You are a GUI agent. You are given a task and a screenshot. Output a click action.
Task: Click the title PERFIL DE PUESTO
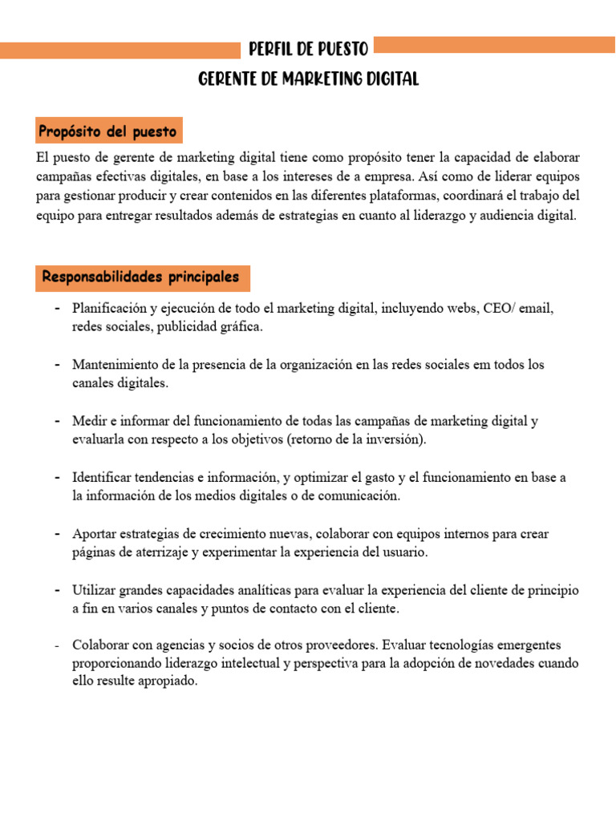click(x=308, y=50)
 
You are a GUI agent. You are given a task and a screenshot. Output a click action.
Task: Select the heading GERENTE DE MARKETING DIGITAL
click(x=308, y=79)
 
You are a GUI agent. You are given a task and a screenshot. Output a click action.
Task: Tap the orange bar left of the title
click(x=120, y=51)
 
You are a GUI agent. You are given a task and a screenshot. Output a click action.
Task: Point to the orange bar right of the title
click(x=494, y=45)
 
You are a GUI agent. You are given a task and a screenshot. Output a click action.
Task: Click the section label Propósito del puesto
click(x=109, y=131)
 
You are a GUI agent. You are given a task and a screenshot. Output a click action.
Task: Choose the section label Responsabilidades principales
click(x=140, y=277)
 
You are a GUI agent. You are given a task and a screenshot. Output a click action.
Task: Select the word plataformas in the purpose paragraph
click(x=395, y=196)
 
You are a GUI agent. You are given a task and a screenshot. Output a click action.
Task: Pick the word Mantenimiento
click(x=114, y=364)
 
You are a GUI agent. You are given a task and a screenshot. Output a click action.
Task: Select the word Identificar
click(x=102, y=477)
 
